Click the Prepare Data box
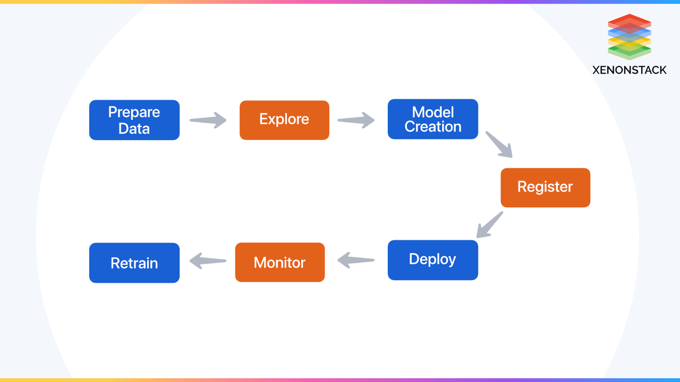pos(134,120)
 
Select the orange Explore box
pos(284,120)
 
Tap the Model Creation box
pos(432,119)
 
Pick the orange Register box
pos(545,187)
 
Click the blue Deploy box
pos(432,260)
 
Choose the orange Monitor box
pos(279,262)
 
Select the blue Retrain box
pos(134,263)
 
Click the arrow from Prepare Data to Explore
pos(208,120)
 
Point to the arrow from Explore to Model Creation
pos(356,120)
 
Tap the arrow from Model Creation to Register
pos(499,144)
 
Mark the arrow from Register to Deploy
pos(489,224)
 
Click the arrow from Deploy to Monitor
pos(356,260)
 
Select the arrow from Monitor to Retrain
pos(208,260)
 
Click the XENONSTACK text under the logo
pos(630,70)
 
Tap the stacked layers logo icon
pos(630,37)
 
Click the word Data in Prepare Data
pos(134,128)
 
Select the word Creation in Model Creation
pos(432,127)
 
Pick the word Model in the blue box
pos(432,112)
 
